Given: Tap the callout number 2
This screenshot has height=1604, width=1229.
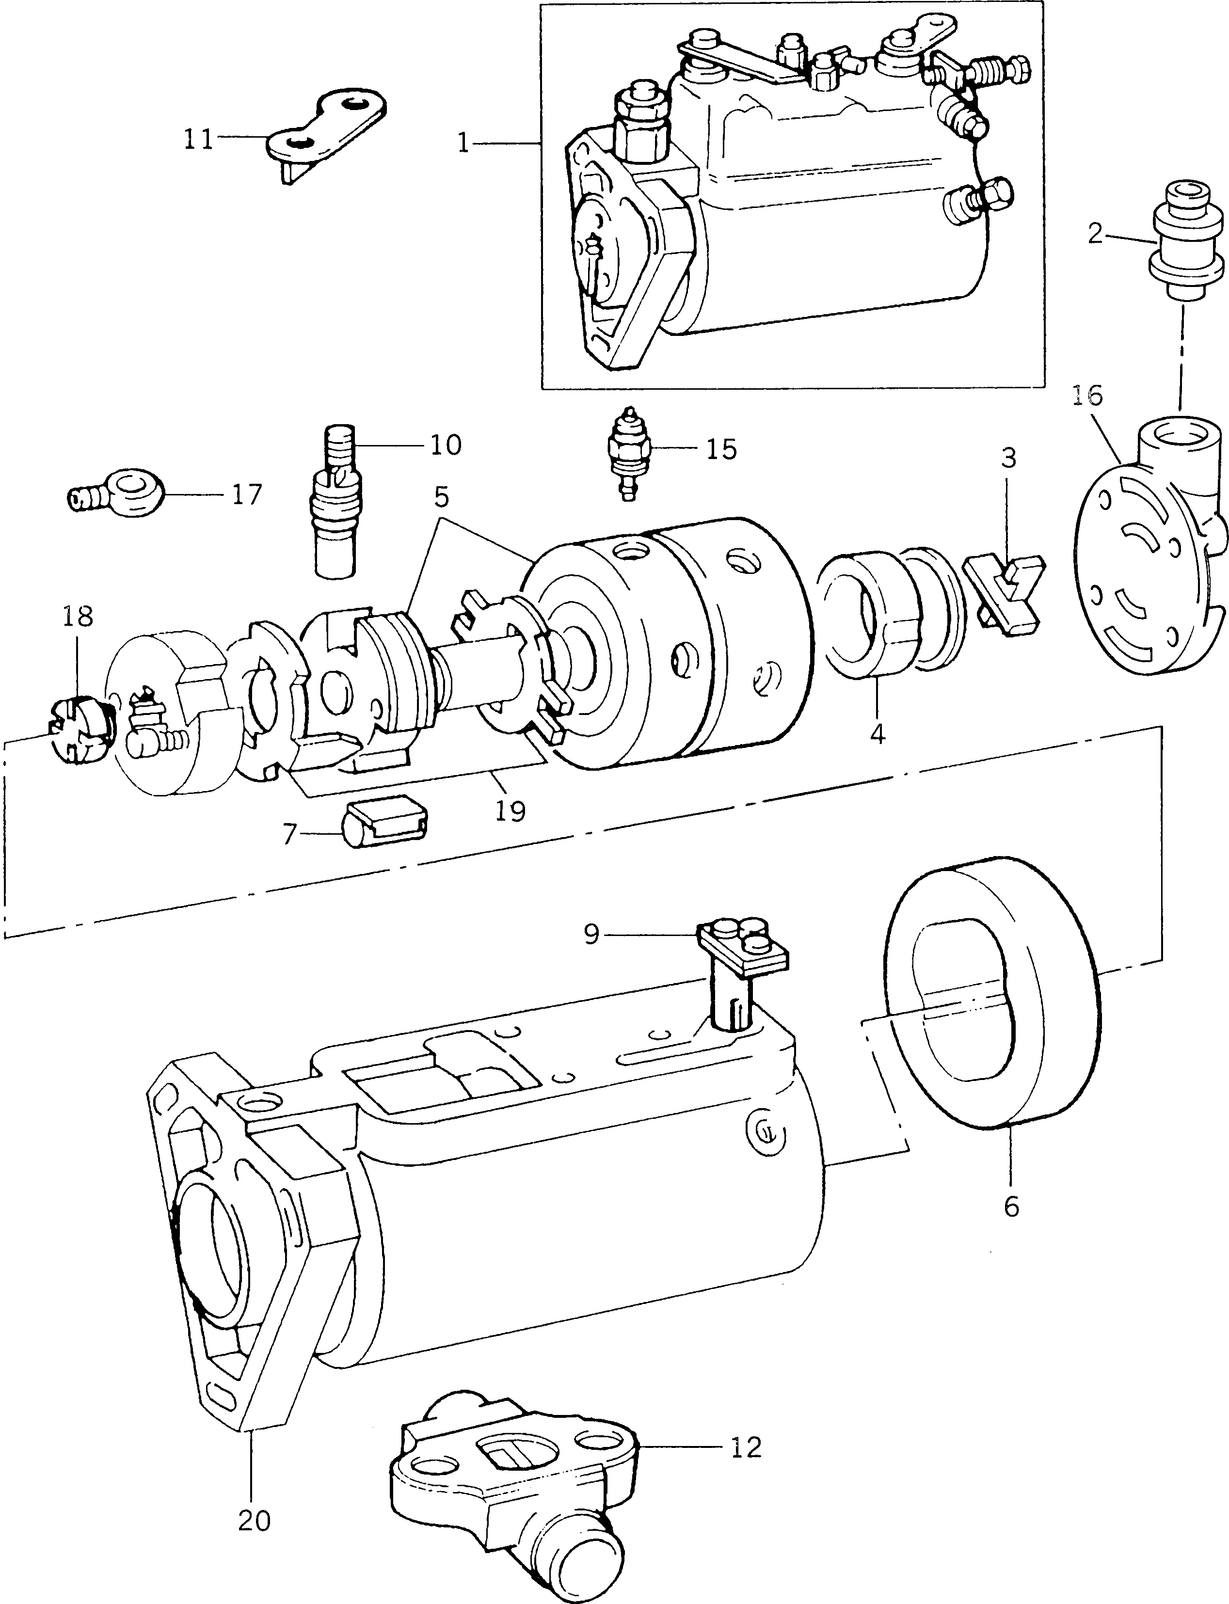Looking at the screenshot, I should (x=1095, y=234).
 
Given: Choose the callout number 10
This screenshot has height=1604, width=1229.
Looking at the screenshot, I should (x=446, y=444).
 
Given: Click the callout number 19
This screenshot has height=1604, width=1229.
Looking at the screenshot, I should (x=510, y=810).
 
